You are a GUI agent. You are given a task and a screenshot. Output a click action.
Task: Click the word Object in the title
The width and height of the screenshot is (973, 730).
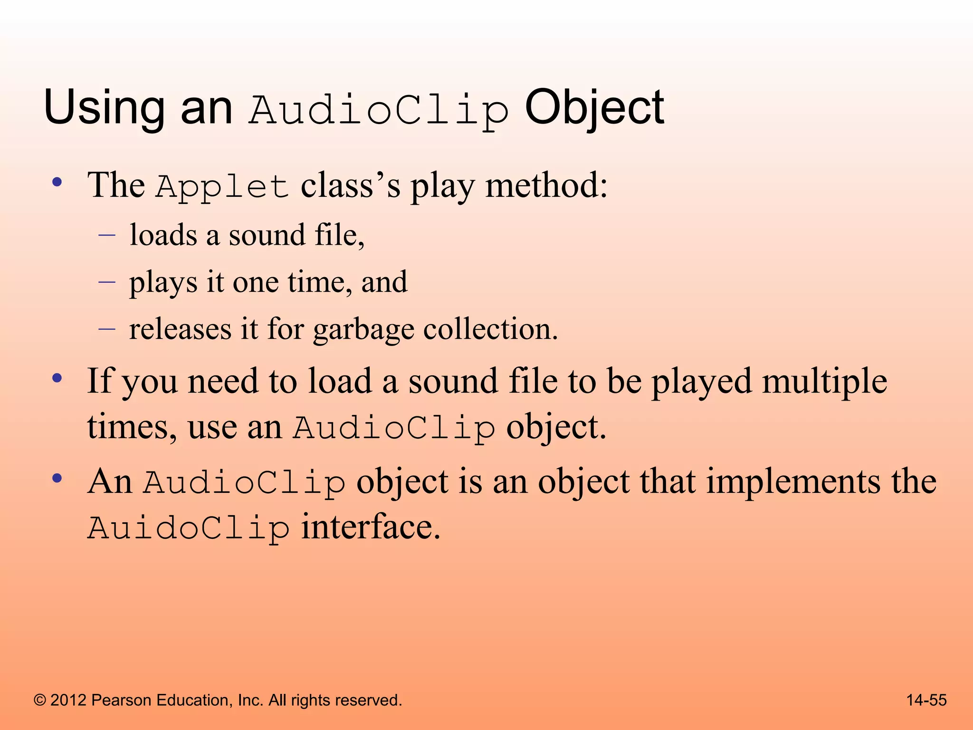tap(594, 108)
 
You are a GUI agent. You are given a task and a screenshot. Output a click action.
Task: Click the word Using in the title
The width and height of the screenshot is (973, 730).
tap(104, 108)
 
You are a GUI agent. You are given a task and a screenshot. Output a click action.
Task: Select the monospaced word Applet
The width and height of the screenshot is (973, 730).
tap(222, 186)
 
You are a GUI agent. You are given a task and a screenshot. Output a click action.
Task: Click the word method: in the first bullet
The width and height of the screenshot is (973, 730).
tap(546, 185)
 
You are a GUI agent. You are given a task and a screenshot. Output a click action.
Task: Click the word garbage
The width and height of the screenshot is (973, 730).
tap(363, 329)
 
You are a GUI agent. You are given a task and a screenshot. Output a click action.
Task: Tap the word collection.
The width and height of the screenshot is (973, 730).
tap(490, 329)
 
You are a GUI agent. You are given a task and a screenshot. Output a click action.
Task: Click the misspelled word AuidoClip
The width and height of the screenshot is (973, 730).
tap(189, 528)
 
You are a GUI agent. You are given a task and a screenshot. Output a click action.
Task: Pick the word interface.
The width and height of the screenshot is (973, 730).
tap(371, 527)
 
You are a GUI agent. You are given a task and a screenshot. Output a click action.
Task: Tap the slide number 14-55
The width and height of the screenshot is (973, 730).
tap(926, 700)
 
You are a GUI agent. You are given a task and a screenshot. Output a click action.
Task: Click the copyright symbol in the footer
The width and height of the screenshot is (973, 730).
tap(40, 700)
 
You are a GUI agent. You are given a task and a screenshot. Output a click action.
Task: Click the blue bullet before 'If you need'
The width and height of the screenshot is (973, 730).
tap(57, 379)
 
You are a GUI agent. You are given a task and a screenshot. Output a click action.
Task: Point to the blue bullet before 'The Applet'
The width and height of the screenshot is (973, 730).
tap(57, 182)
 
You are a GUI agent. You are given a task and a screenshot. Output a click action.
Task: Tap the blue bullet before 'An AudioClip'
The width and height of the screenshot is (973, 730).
tap(57, 479)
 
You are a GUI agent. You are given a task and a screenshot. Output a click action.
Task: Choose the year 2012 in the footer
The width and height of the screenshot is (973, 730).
tap(68, 700)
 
